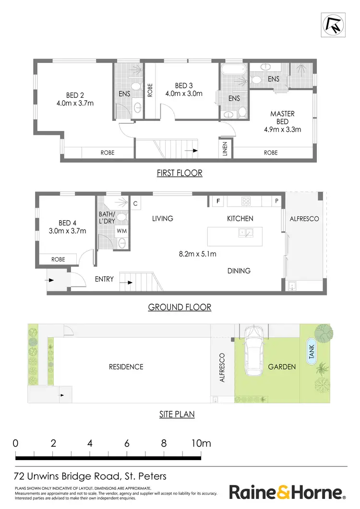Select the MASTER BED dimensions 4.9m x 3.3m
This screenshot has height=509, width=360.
tap(282, 129)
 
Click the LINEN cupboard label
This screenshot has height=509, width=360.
tap(225, 149)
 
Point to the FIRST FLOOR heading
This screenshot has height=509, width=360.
tap(180, 173)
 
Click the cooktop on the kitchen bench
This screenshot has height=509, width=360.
tap(247, 201)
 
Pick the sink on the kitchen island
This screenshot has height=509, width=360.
tap(247, 233)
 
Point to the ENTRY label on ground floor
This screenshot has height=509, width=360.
tap(104, 279)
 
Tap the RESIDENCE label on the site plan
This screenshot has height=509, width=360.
tap(126, 367)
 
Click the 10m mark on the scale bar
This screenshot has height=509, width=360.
tap(201, 444)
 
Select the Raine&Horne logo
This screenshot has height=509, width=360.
tap(287, 492)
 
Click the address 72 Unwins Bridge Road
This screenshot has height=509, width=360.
tap(91, 476)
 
